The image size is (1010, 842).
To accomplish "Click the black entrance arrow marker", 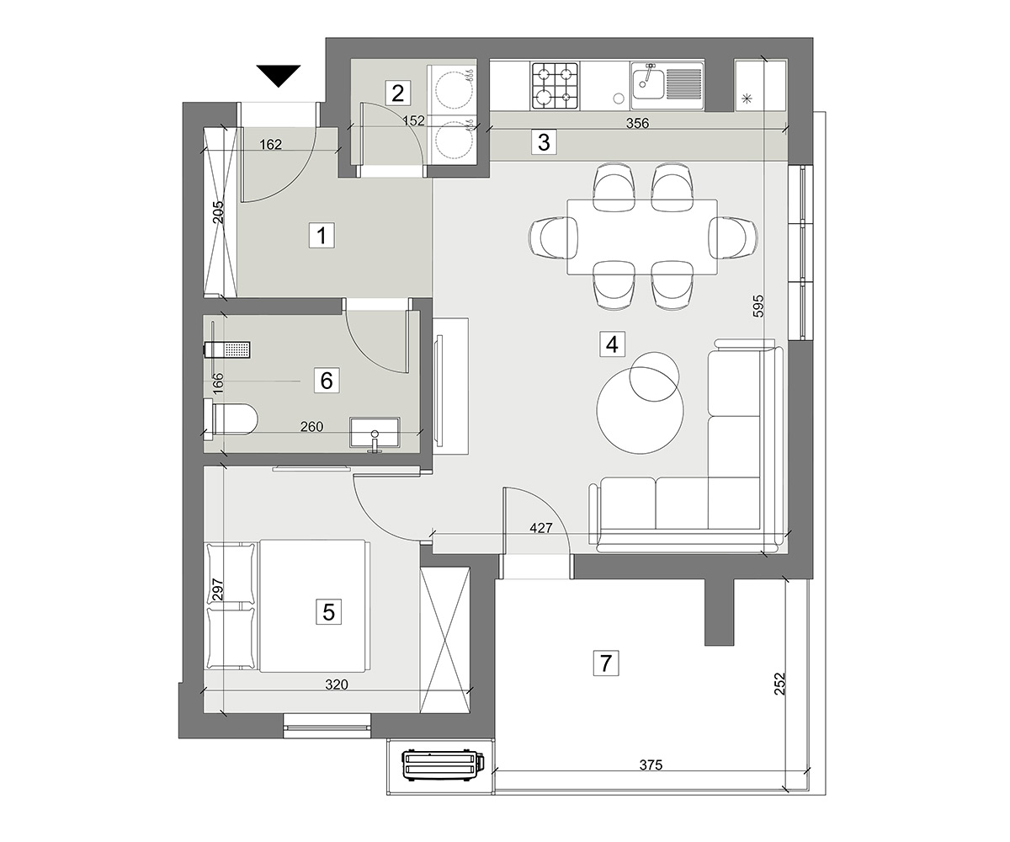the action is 279,76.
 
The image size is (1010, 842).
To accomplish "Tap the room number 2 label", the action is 397,93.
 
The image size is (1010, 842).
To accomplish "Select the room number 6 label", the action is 327,381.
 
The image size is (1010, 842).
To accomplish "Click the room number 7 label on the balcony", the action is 606,663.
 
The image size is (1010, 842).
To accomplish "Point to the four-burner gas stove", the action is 555,86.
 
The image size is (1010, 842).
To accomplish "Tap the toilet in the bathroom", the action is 231,418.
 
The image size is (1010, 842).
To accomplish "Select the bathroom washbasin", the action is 375,432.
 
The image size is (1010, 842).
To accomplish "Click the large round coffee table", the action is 641,410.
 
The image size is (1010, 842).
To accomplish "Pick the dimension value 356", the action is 637,124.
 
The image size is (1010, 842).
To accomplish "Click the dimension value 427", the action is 541,528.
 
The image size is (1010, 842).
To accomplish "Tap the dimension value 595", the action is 757,306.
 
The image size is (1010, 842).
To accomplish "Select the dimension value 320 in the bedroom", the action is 337,685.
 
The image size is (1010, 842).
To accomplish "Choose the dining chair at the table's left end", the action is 554,237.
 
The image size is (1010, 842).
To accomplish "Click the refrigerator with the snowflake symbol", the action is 760,85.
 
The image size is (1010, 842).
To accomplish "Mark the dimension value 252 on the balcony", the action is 779,683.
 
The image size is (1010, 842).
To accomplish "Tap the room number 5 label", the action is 328,612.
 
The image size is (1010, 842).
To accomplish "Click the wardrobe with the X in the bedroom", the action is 445,640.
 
